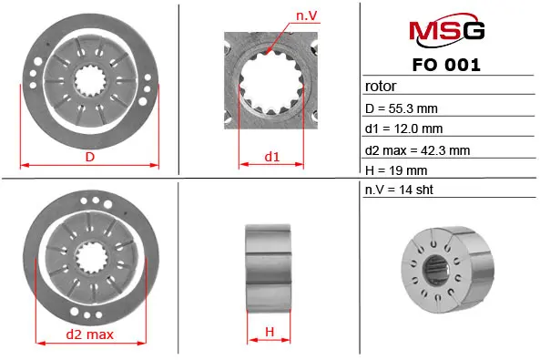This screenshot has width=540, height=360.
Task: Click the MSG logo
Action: coord(447,30)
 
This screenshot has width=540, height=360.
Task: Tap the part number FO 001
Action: coord(446,65)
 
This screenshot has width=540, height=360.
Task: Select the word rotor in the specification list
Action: coord(381,87)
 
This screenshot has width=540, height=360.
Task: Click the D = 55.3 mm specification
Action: coord(402,108)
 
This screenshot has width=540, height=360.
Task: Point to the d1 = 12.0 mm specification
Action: coord(403,129)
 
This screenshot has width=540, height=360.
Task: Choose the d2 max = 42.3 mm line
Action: coord(417,150)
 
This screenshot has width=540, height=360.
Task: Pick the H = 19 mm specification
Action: coord(396,170)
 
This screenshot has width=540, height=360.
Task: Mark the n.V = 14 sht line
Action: coord(399,190)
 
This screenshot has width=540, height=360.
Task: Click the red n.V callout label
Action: coord(307,15)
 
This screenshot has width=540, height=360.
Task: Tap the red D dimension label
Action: coord(90,157)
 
